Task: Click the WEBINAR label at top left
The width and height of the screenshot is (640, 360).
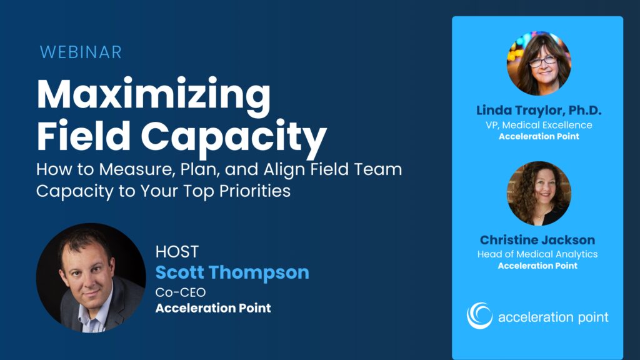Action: (x=81, y=52)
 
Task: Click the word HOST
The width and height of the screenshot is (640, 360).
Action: (x=177, y=252)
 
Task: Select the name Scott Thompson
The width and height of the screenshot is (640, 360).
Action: (x=232, y=272)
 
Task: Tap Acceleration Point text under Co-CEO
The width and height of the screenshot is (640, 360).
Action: (x=213, y=308)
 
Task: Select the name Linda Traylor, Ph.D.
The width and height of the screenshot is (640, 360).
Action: (x=538, y=111)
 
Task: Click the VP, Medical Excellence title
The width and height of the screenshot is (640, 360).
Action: (x=538, y=125)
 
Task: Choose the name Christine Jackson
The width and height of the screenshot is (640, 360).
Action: (x=537, y=240)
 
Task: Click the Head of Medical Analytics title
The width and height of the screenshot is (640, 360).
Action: (x=537, y=254)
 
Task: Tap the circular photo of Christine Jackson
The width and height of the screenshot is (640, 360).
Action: (x=538, y=193)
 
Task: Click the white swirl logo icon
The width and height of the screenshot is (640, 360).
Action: (x=479, y=316)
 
